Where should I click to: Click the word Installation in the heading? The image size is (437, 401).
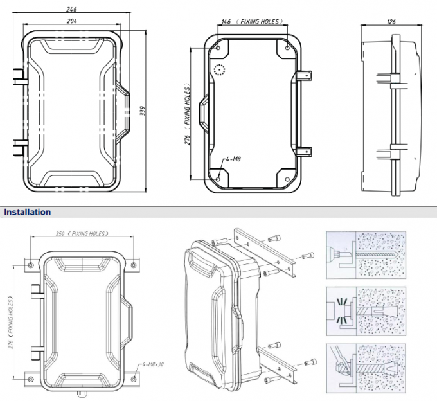(x=28, y=211)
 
